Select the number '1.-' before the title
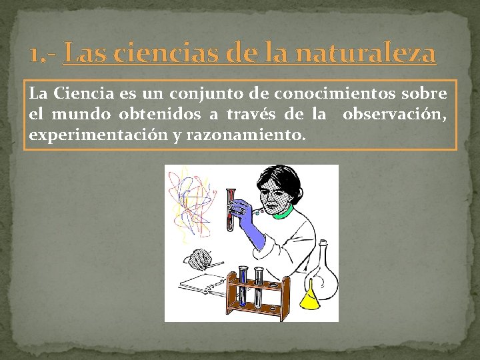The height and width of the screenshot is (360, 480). [x=44, y=53]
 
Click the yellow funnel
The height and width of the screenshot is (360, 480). [x=311, y=295]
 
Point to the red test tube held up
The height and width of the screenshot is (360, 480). [x=231, y=207]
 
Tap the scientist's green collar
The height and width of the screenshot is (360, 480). [x=283, y=213]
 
